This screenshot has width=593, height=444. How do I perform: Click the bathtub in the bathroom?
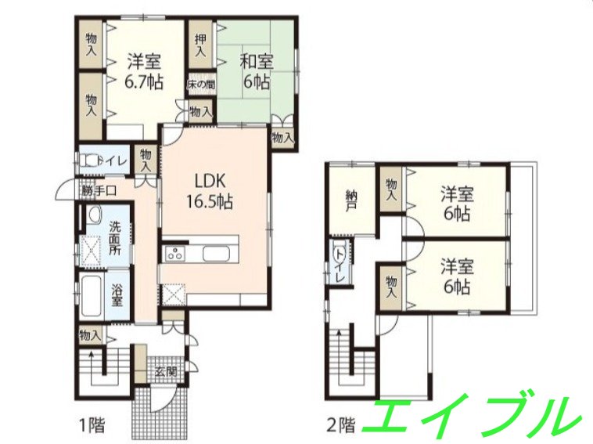92,292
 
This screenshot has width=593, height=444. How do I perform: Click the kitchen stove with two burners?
174,253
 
